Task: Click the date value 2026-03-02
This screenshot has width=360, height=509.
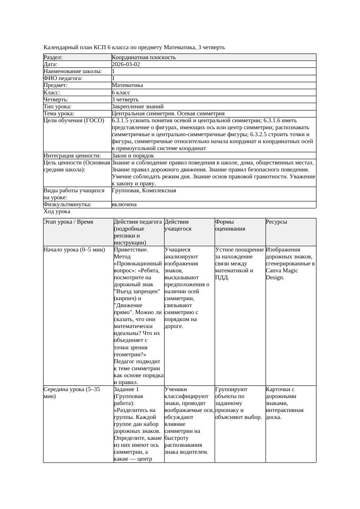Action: click(126, 64)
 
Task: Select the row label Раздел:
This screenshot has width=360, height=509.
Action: click(53, 57)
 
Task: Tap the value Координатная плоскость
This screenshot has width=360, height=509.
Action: click(144, 57)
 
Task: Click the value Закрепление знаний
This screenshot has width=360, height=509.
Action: click(138, 107)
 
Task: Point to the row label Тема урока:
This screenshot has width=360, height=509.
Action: click(59, 114)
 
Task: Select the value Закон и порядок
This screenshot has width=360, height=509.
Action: click(133, 156)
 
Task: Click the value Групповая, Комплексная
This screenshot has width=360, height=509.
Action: click(144, 191)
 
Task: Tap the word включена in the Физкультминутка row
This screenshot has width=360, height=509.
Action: click(124, 204)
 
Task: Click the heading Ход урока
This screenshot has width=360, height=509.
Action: click(57, 211)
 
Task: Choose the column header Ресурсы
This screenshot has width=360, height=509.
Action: click(276, 222)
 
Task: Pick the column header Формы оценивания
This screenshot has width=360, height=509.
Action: click(230, 225)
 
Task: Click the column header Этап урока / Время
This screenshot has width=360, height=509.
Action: click(68, 222)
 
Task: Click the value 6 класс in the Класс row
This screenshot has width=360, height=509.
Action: click(121, 93)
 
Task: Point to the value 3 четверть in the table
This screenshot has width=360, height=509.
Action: click(125, 100)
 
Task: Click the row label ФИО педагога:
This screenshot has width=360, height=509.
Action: click(63, 78)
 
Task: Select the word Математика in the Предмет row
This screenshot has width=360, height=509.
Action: click(127, 85)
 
